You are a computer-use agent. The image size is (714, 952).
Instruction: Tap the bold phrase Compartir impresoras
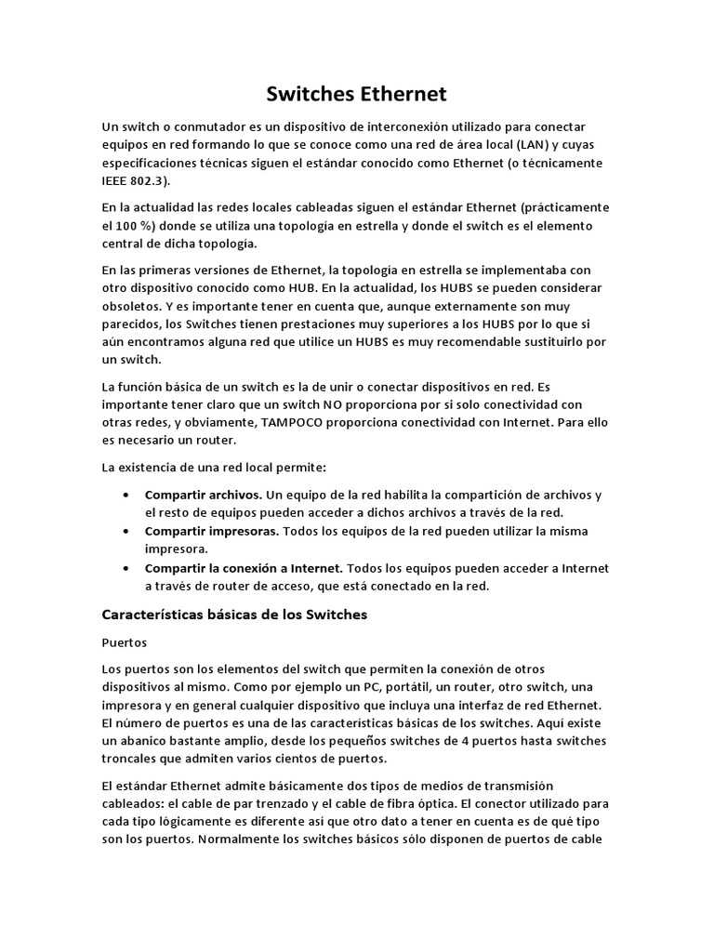[212, 531]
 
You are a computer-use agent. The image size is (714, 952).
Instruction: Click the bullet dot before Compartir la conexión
[126, 567]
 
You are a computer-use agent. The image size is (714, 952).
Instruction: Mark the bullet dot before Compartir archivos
[126, 495]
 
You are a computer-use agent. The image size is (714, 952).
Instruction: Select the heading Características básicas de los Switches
[234, 615]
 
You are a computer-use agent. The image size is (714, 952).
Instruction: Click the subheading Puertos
[125, 642]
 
